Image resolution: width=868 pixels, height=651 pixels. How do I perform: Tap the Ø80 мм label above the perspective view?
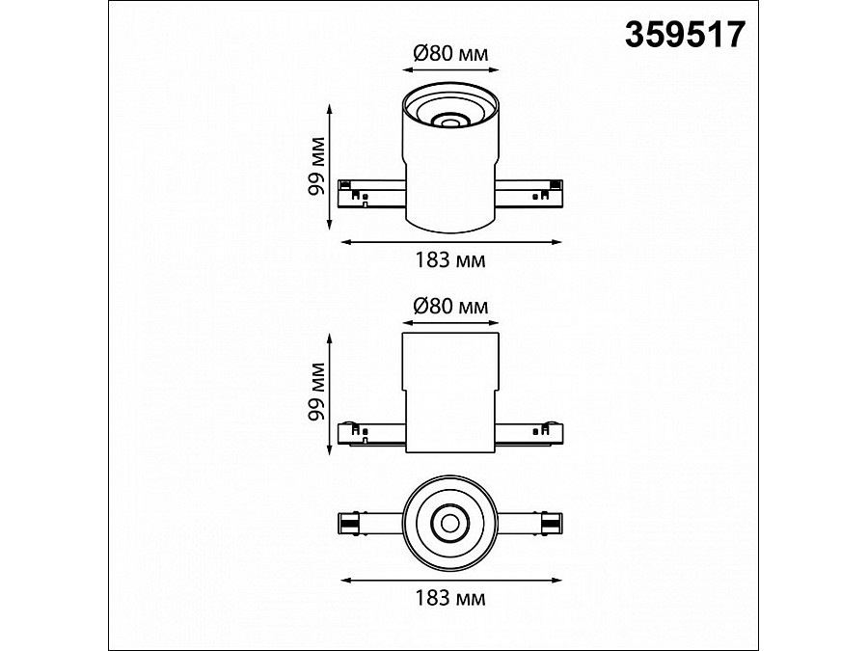tap(450, 55)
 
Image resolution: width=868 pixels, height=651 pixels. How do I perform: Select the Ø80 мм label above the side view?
tap(450, 306)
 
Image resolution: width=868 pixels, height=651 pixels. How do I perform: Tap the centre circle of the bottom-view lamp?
tap(449, 524)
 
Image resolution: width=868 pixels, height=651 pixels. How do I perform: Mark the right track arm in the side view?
tap(529, 433)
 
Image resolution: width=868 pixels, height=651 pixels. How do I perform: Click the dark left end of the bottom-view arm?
tap(348, 524)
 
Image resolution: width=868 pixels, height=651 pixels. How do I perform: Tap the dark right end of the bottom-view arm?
tap(551, 524)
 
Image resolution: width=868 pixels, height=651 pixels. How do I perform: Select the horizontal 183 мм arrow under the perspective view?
tap(449, 240)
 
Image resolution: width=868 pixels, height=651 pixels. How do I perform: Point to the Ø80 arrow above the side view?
tap(449, 322)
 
